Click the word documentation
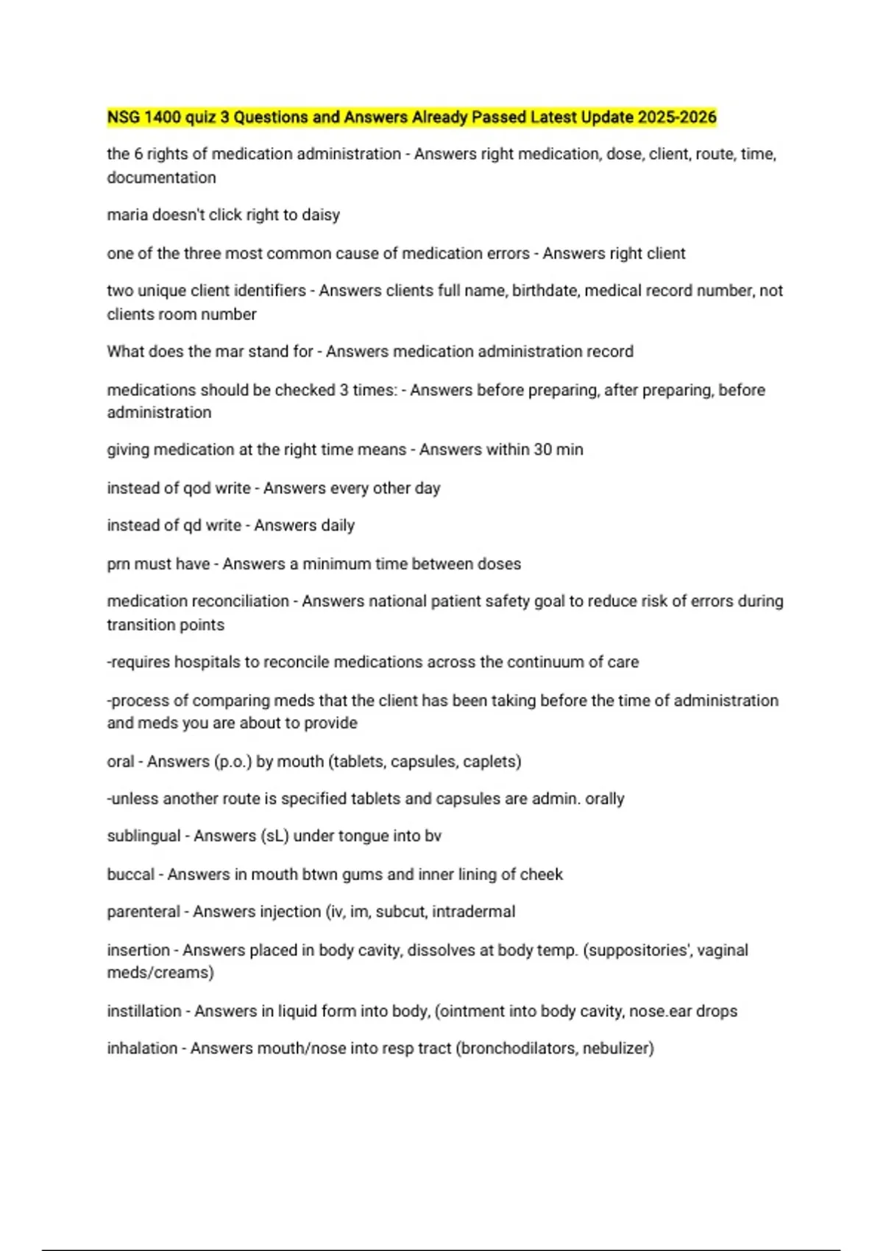(x=161, y=177)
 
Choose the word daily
(x=338, y=525)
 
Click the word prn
(x=118, y=564)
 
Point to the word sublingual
(x=143, y=836)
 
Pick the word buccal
(x=130, y=874)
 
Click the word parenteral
(x=143, y=912)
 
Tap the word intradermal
(x=473, y=912)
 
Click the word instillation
(x=143, y=1011)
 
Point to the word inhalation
(x=142, y=1048)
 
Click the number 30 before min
(x=543, y=450)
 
